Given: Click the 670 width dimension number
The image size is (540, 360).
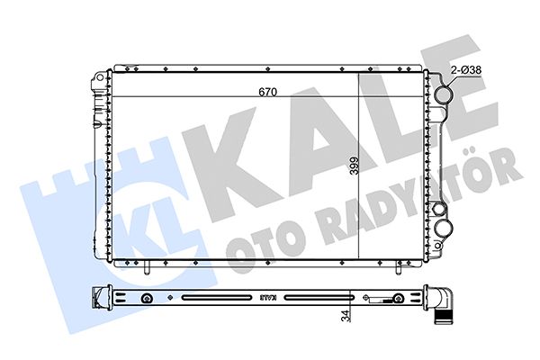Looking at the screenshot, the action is click(x=267, y=92).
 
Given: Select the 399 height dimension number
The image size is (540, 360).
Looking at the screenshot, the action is click(x=354, y=166).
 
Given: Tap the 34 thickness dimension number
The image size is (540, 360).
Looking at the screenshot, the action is click(x=346, y=316).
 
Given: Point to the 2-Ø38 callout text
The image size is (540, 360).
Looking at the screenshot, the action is click(x=466, y=70).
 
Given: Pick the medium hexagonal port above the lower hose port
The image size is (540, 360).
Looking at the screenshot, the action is click(x=439, y=209).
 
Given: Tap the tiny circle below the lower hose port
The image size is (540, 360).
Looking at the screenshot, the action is click(x=438, y=246).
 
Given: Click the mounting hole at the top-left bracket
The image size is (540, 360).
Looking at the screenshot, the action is click(x=99, y=76).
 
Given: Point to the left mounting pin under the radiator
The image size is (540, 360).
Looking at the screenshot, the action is click(x=147, y=267).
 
